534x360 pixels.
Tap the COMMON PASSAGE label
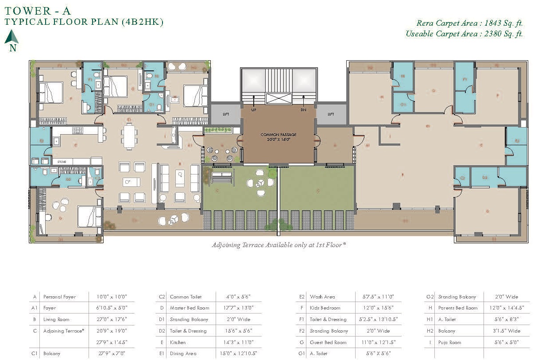tap(278, 135)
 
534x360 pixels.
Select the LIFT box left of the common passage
tap(226, 114)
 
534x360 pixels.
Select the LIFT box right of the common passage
tap(331, 114)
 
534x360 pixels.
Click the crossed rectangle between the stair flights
tap(278, 98)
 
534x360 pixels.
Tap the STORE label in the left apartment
tap(62, 162)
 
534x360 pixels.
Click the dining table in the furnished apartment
tap(129, 136)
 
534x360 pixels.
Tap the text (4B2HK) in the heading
tap(142, 22)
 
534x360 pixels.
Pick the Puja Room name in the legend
tap(449, 342)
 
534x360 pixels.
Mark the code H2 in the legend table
tap(429, 331)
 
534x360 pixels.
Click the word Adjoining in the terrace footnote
tap(226, 245)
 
